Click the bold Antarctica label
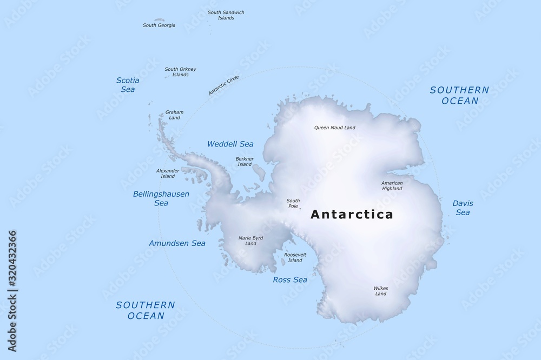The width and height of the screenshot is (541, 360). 352,215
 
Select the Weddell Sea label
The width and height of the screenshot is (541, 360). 230,144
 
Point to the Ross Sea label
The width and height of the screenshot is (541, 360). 290,279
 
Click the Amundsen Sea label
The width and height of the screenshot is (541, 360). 177,243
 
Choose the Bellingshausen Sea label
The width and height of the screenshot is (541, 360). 161,198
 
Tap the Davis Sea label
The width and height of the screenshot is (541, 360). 463,208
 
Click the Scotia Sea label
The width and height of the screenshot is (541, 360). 128,85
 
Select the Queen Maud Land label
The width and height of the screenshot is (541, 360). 335,128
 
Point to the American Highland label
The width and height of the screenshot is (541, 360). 392,186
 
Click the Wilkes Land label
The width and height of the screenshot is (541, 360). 380,291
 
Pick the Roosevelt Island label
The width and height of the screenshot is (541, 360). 295,257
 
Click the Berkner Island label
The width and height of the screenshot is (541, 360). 245,161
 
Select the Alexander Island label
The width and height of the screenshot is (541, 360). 168,174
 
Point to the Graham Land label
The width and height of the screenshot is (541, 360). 174,115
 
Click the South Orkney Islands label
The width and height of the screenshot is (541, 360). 180,72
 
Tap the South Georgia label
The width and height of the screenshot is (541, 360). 159,25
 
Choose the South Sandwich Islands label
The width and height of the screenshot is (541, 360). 226,15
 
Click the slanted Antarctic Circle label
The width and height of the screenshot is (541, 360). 224,86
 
